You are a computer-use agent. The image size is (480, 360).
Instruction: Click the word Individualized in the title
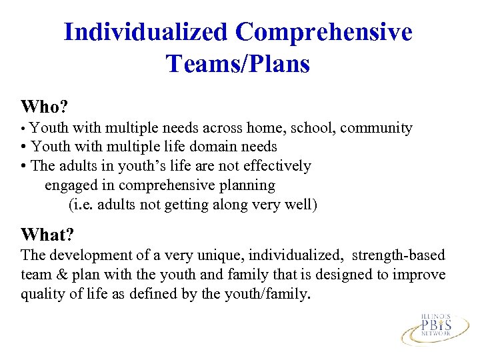click(x=147, y=32)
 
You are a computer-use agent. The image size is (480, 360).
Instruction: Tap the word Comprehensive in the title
click(x=324, y=32)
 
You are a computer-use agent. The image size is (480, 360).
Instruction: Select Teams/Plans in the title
click(x=238, y=64)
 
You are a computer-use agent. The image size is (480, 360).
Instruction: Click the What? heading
click(x=47, y=235)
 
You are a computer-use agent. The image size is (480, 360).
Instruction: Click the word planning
click(x=247, y=185)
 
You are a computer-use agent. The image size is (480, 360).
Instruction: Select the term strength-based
click(x=399, y=255)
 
